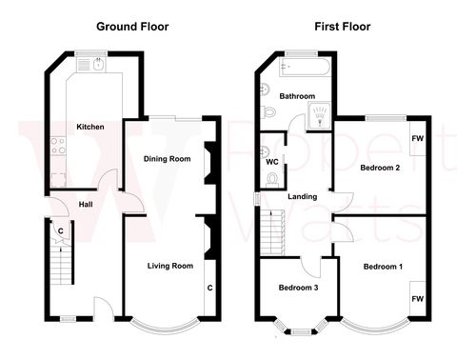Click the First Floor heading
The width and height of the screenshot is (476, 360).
click(x=342, y=27)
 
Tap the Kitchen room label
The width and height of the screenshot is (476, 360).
click(x=89, y=127)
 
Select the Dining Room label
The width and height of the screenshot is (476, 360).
click(x=167, y=158)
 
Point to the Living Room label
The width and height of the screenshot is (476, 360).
click(x=170, y=265)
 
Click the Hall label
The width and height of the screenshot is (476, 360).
click(x=85, y=204)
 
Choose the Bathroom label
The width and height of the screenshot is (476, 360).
click(x=296, y=96)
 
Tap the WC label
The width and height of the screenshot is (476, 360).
click(x=272, y=161)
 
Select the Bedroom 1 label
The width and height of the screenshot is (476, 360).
click(x=382, y=266)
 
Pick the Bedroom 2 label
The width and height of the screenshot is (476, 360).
click(x=379, y=168)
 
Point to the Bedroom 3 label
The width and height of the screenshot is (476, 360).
click(x=298, y=288)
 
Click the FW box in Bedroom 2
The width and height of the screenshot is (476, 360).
click(x=418, y=139)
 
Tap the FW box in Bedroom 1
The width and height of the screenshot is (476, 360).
click(x=417, y=298)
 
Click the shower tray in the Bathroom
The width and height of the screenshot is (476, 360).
click(x=318, y=116)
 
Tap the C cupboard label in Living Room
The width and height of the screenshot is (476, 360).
click(x=209, y=287)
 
